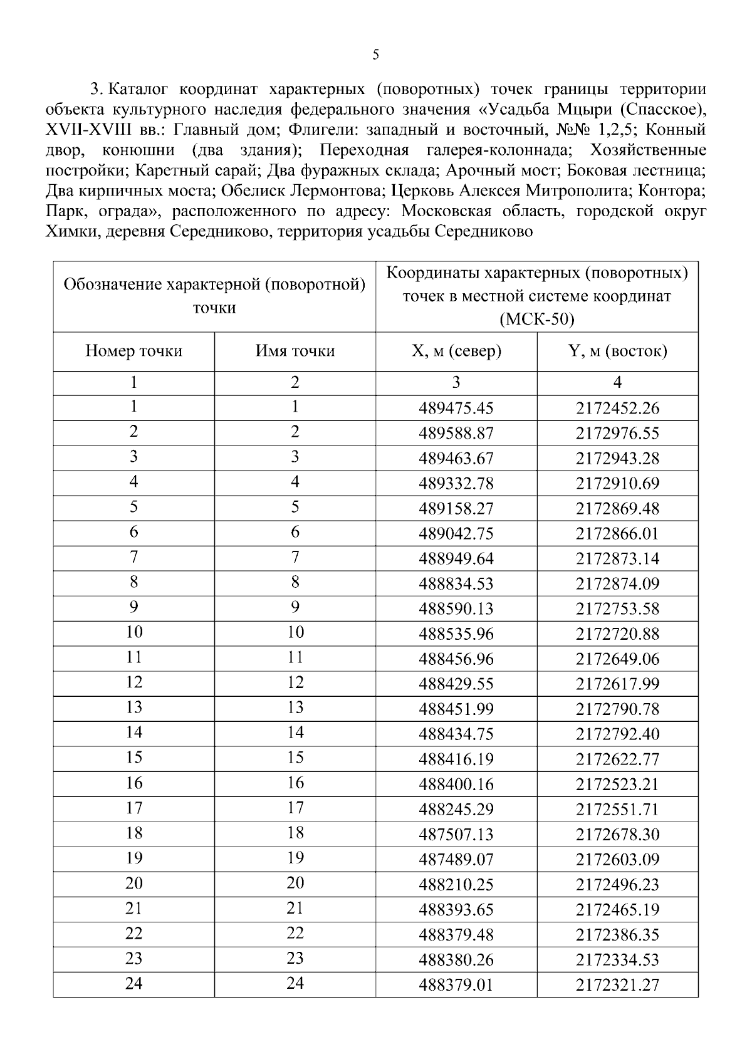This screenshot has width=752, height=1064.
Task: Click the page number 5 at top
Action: [x=375, y=55]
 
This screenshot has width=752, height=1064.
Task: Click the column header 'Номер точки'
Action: [x=133, y=351]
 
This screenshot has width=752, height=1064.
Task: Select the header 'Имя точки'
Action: [x=295, y=351]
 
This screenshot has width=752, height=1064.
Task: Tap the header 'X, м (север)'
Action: [x=456, y=351]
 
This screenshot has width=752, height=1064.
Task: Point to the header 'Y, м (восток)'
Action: [x=617, y=351]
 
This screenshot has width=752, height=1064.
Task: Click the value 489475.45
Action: [x=456, y=408]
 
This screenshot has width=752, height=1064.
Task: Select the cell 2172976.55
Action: [x=617, y=433]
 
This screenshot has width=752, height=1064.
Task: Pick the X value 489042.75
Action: [x=456, y=533]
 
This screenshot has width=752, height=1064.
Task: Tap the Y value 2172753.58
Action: [x=617, y=608]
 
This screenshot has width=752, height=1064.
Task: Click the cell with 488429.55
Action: [x=456, y=684]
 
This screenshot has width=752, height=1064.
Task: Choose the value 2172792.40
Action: [x=617, y=734]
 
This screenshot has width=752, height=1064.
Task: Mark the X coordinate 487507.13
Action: [x=456, y=834]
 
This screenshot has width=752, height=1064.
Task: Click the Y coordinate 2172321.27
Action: [x=617, y=984]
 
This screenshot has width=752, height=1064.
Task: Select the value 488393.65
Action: [x=456, y=909]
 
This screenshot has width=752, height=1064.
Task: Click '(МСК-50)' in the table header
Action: [x=536, y=319]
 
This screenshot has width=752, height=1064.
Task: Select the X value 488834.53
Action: [x=456, y=583]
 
